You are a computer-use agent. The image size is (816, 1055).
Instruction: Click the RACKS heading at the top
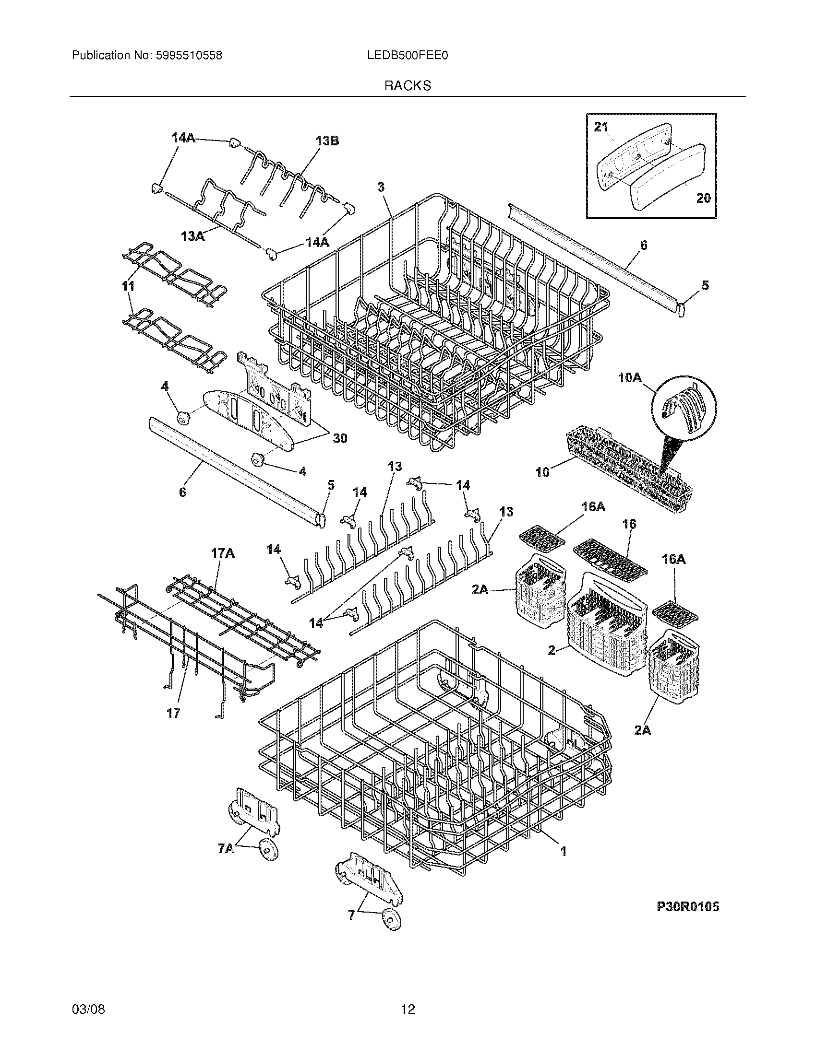pos(408,85)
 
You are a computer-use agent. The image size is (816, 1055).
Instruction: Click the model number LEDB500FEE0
pos(408,56)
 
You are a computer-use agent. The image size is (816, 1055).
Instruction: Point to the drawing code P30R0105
pos(687,907)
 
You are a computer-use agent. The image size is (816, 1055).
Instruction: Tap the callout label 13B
pos(327,141)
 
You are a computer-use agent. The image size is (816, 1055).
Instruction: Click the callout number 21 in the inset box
pos(600,127)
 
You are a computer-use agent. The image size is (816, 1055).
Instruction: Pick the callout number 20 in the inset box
pos(703,198)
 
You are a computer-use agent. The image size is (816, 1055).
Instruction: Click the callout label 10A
pos(629,378)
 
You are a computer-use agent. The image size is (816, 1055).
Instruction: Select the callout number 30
pos(340,438)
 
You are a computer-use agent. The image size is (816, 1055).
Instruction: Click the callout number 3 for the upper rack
pos(381,187)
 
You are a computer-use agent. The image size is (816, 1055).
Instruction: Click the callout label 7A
pos(226,848)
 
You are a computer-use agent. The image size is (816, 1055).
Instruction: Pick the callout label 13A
pos(192,236)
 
